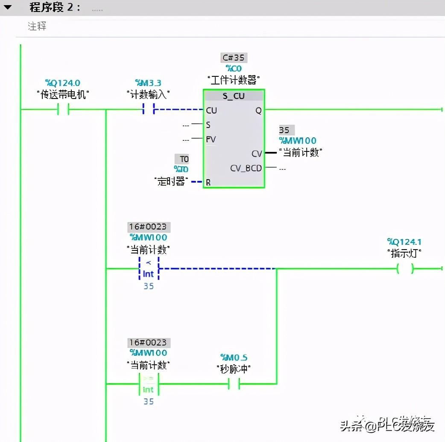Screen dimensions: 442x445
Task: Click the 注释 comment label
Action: [37, 26]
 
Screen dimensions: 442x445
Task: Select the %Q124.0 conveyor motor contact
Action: [63, 110]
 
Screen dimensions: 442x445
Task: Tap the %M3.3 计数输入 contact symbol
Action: [148, 110]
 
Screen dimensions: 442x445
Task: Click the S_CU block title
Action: [234, 96]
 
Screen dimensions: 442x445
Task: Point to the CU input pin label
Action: [211, 110]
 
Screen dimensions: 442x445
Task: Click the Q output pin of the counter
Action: [258, 110]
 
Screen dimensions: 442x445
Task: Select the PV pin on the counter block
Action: [211, 139]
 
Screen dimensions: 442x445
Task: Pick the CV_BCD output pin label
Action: [246, 168]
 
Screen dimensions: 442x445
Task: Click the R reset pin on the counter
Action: [208, 182]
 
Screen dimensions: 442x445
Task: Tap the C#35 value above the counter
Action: [234, 58]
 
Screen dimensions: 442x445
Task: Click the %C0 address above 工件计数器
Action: [234, 69]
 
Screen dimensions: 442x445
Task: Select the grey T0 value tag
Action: [184, 159]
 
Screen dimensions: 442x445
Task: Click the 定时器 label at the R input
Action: [171, 181]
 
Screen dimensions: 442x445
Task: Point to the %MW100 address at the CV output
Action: [298, 141]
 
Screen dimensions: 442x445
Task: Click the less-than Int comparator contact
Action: [148, 268]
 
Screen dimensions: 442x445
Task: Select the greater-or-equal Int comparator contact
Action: [148, 384]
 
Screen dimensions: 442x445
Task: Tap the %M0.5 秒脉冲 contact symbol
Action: [234, 384]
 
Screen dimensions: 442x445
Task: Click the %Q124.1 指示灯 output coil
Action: [404, 269]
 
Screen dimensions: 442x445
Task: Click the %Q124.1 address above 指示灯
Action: [404, 242]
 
